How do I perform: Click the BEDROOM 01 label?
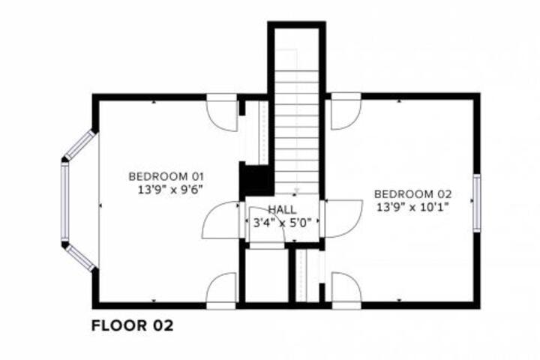tap(166, 176)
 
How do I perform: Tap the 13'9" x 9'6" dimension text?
tap(169, 190)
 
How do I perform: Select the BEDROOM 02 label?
tap(413, 194)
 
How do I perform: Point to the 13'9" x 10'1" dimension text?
tap(413, 207)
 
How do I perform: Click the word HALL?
tap(282, 209)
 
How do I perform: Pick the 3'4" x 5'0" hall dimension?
tap(282, 223)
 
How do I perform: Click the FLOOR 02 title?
tap(132, 325)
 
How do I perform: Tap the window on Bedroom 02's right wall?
tap(477, 203)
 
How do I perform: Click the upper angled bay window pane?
tap(80, 145)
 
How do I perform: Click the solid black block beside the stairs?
tap(256, 180)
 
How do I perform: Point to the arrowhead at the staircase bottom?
tap(296, 190)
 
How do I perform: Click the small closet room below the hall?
tap(267, 274)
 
